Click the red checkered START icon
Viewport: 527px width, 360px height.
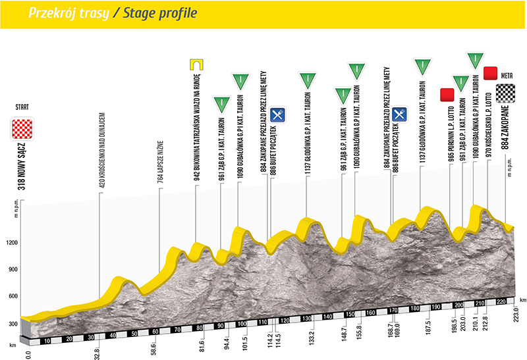23,128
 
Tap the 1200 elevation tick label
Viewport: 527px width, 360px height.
11,243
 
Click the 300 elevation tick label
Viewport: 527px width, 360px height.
11,324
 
